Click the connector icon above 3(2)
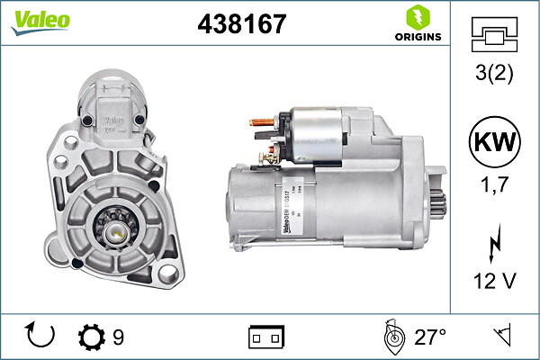(495, 34)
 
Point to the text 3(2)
(495, 74)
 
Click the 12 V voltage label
(495, 282)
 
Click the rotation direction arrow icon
(41, 337)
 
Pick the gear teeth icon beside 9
(92, 337)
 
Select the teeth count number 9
(119, 337)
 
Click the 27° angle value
(430, 337)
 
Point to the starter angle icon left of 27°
(392, 337)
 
